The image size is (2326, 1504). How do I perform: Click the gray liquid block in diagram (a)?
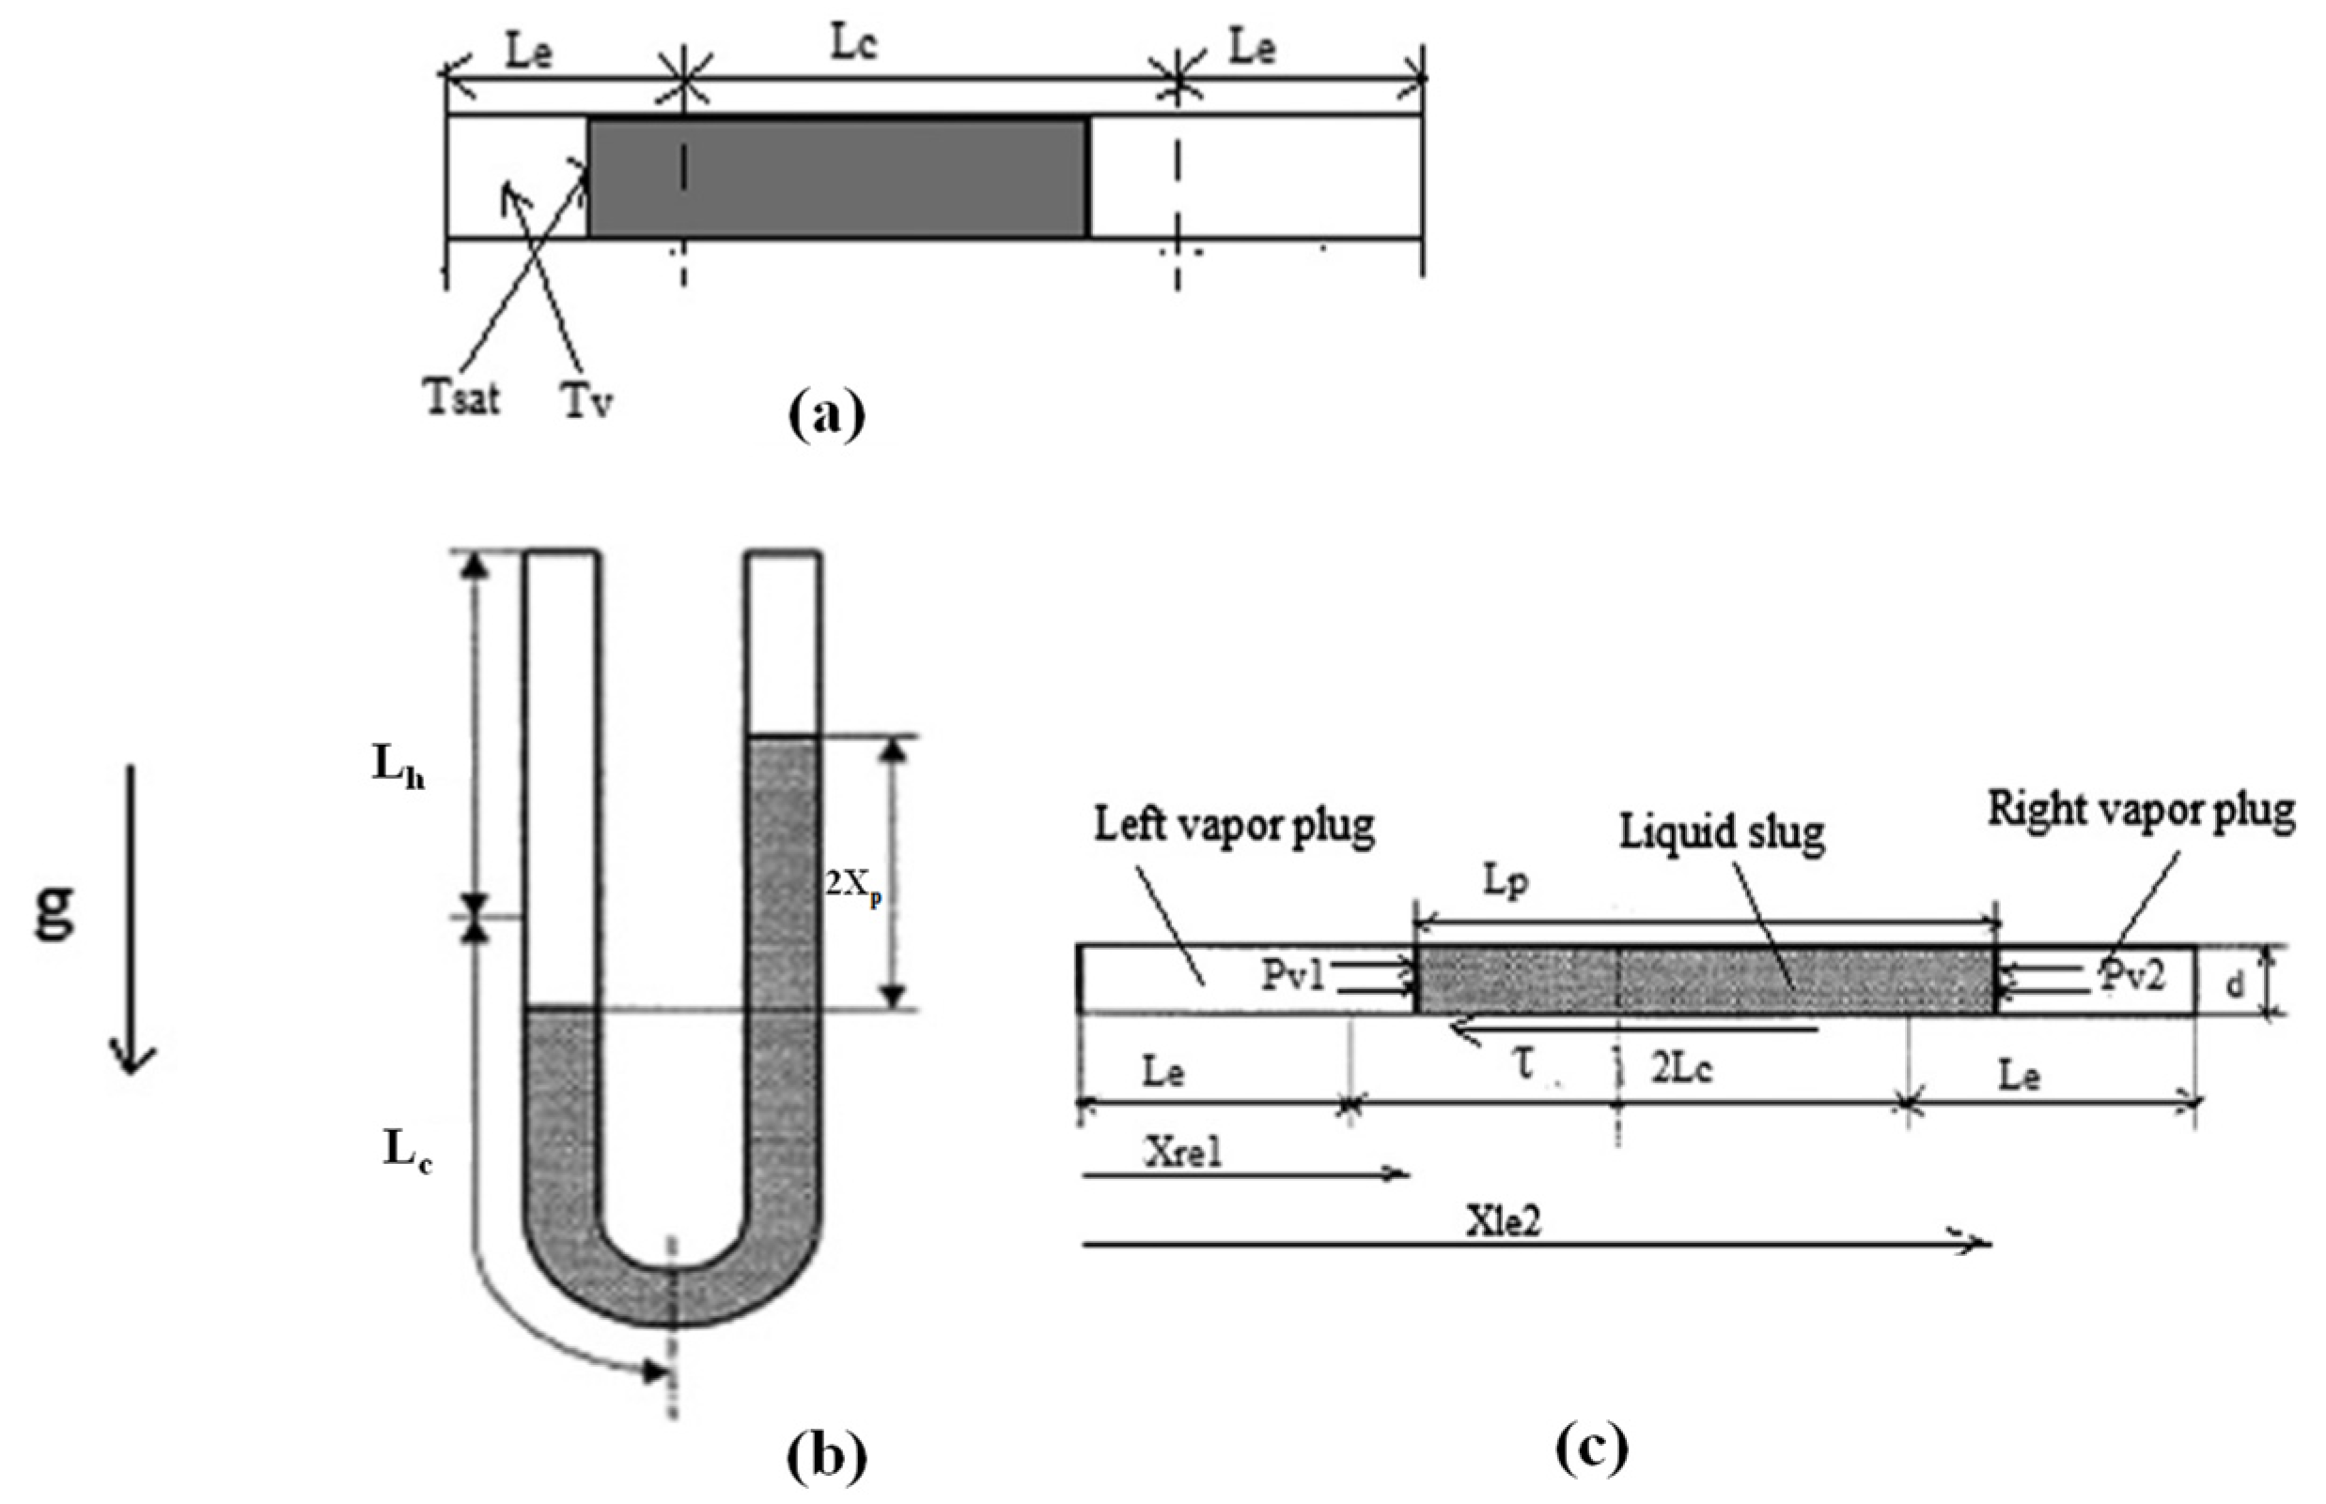coord(838,178)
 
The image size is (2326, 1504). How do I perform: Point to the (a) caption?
coord(825,414)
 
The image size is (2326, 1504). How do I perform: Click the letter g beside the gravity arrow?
coord(55,910)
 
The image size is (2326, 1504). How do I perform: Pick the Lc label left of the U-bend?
coord(407,1153)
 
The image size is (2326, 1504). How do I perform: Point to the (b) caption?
coord(825,1457)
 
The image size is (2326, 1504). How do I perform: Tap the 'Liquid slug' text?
coord(1722,832)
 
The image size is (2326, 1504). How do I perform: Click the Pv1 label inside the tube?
coord(1292,977)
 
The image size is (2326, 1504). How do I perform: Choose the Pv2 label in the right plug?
coord(2132,977)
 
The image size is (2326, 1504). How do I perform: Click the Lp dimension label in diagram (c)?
coord(1506,881)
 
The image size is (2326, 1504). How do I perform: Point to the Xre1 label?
coord(1184,1154)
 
